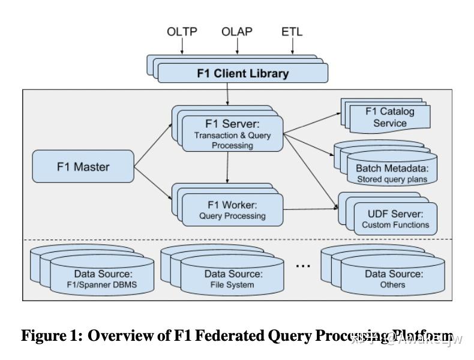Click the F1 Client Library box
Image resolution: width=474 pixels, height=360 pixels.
[x=242, y=73]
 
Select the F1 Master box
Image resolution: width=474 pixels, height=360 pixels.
[x=83, y=167]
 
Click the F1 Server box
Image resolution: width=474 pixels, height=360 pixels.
[x=232, y=134]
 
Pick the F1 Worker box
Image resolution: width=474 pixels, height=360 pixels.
[x=232, y=210]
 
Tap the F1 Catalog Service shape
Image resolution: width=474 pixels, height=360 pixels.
[x=390, y=118]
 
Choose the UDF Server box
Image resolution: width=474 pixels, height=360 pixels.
[x=395, y=219]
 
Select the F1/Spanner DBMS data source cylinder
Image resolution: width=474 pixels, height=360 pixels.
[x=102, y=279]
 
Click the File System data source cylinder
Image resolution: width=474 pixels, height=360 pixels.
[x=233, y=279]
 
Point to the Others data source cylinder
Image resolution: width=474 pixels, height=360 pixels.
[x=393, y=279]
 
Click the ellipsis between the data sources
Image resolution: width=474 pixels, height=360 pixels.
[x=304, y=266]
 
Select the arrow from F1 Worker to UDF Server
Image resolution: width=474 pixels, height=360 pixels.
[x=310, y=209]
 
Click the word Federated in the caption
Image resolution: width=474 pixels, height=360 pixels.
[x=228, y=336]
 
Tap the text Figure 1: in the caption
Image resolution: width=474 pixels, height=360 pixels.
[x=52, y=336]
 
